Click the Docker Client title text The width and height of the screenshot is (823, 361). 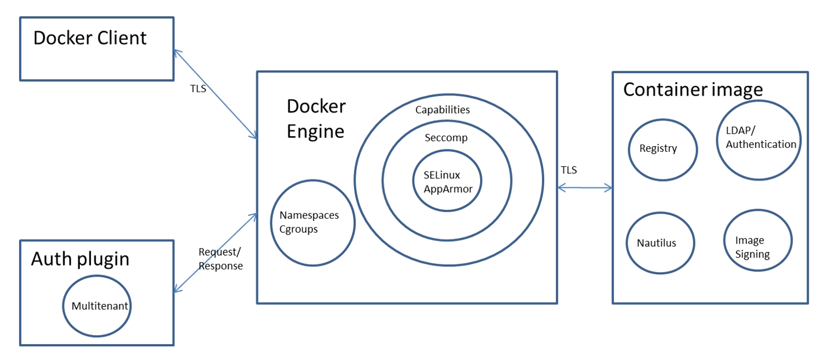coord(90,38)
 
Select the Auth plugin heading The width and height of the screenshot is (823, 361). coord(80,259)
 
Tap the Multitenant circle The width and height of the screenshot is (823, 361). coord(100,306)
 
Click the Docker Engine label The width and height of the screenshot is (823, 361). coord(316,119)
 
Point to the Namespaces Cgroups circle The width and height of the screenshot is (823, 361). coord(313,223)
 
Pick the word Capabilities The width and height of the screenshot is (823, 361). coord(442,110)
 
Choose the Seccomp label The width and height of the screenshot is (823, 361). coord(446,138)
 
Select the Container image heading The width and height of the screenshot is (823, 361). coord(693,89)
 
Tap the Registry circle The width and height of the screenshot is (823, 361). coord(662,149)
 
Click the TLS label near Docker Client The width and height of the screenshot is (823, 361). coord(198,89)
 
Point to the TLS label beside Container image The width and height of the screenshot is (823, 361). coord(568,170)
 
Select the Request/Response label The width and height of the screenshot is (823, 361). coord(220,259)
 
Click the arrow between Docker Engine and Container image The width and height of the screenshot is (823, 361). coord(585,188)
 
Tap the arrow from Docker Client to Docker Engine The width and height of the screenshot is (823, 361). coord(215,94)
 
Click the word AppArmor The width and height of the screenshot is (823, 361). coord(448,189)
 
